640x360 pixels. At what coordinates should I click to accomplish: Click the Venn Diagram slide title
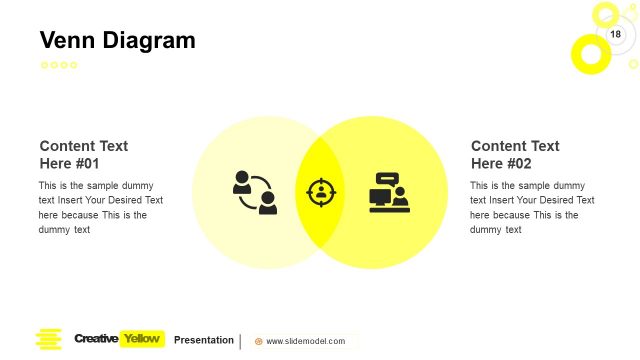click(117, 41)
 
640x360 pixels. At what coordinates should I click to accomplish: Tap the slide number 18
click(615, 35)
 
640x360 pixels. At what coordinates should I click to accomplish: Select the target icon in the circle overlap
click(320, 192)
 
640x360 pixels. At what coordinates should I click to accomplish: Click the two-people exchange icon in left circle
click(255, 193)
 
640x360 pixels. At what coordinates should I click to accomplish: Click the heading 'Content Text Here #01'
click(84, 155)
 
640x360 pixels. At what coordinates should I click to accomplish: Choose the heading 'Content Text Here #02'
click(515, 155)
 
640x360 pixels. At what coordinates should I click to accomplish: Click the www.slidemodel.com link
click(305, 341)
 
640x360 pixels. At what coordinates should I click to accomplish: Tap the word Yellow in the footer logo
click(141, 339)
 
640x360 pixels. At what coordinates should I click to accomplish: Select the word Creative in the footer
click(96, 339)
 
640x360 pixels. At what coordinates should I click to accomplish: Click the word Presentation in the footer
click(204, 340)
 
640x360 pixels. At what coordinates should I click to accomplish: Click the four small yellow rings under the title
click(59, 65)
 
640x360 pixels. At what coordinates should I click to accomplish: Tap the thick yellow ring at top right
click(590, 54)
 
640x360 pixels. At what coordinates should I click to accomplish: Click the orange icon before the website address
click(259, 341)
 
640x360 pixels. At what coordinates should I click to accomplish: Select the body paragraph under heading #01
click(100, 207)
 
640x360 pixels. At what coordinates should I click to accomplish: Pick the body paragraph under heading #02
click(531, 207)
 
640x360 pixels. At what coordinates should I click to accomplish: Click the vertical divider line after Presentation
click(240, 341)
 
